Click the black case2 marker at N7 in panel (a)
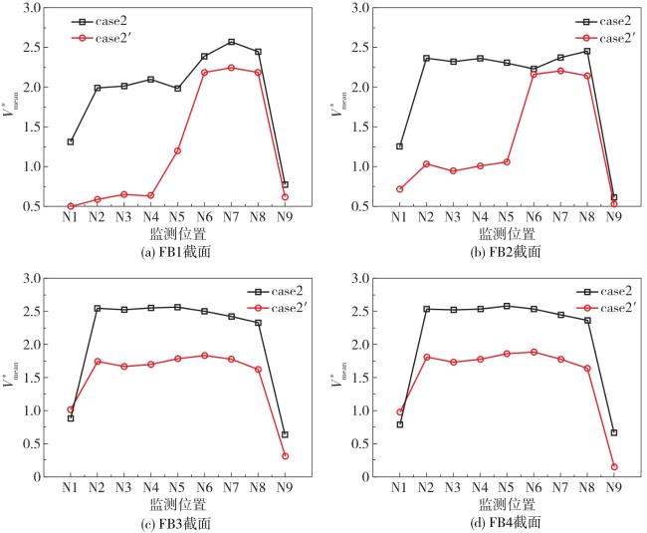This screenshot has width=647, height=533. click(231, 42)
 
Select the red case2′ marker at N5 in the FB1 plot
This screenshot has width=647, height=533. click(177, 150)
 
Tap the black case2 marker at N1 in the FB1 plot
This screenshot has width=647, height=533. click(71, 141)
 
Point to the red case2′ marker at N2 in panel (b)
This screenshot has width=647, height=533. click(427, 163)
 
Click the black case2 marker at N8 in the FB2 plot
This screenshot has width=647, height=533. click(587, 51)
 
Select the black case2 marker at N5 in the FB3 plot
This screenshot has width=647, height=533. click(177, 307)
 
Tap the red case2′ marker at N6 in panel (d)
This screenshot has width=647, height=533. click(534, 352)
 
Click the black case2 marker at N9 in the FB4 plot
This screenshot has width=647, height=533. click(614, 432)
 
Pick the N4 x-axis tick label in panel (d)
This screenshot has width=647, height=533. click(481, 489)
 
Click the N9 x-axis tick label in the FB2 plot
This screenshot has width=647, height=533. click(614, 218)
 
